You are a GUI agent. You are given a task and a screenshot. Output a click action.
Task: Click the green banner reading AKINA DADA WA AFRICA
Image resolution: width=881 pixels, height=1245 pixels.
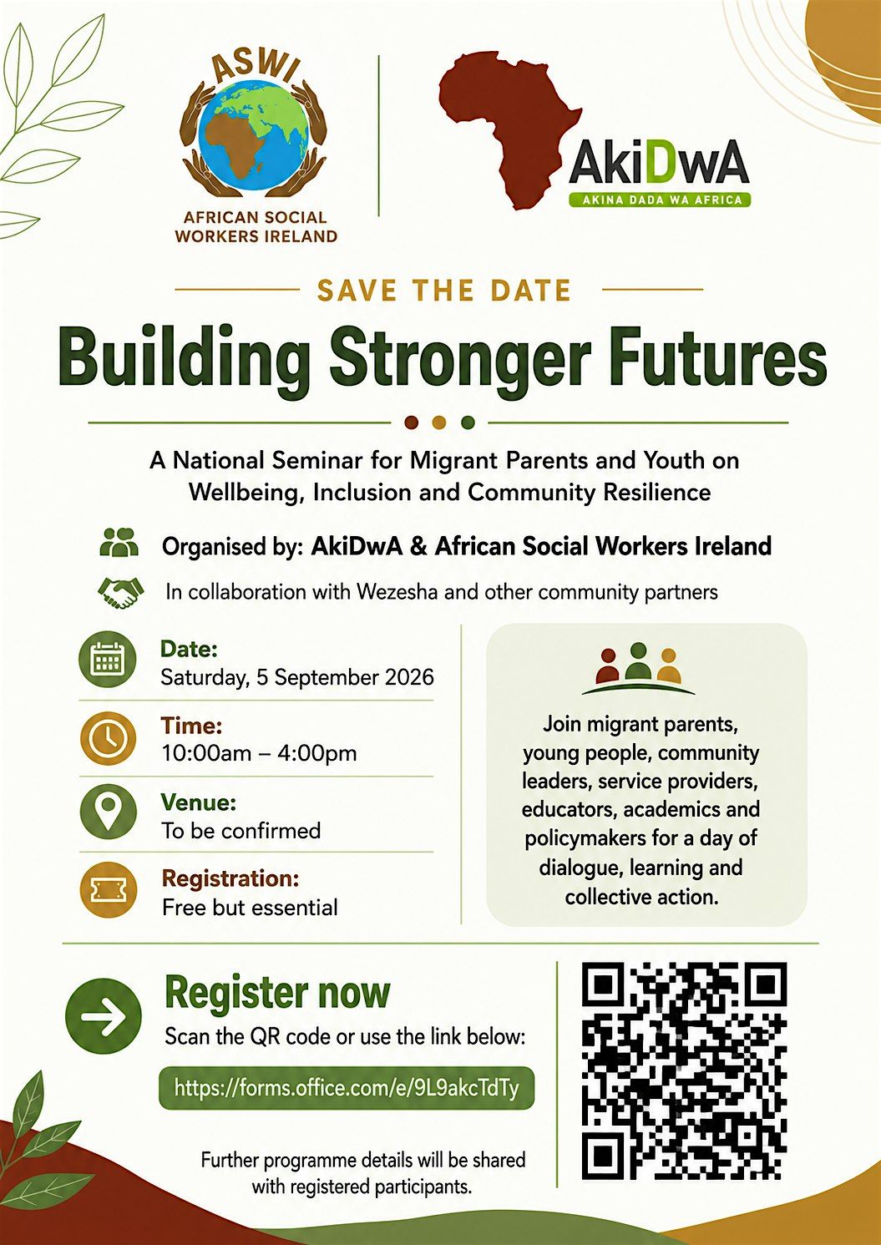click(x=659, y=200)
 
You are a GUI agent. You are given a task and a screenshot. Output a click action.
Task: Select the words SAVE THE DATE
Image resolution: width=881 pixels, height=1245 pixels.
click(x=444, y=290)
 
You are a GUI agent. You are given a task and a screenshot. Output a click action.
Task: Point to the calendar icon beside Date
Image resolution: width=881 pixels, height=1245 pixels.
click(x=108, y=661)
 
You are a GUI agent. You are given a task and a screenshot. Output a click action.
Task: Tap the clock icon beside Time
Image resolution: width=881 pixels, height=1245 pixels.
click(x=108, y=738)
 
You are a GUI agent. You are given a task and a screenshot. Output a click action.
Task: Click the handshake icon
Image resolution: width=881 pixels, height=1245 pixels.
click(x=120, y=593)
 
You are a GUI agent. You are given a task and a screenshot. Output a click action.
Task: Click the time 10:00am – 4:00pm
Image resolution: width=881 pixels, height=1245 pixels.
click(x=259, y=754)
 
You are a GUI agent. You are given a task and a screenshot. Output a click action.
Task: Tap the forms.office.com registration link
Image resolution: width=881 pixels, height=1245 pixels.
click(x=347, y=1087)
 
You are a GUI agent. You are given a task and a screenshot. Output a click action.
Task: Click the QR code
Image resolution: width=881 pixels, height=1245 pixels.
click(x=684, y=1079)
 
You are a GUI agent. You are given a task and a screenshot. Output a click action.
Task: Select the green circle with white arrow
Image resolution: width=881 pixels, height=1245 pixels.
click(x=104, y=1016)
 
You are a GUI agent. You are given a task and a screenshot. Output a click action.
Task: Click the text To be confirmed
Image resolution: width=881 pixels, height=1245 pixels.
click(x=241, y=831)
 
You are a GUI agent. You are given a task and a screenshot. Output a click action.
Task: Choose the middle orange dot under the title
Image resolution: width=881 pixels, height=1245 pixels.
click(x=440, y=423)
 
